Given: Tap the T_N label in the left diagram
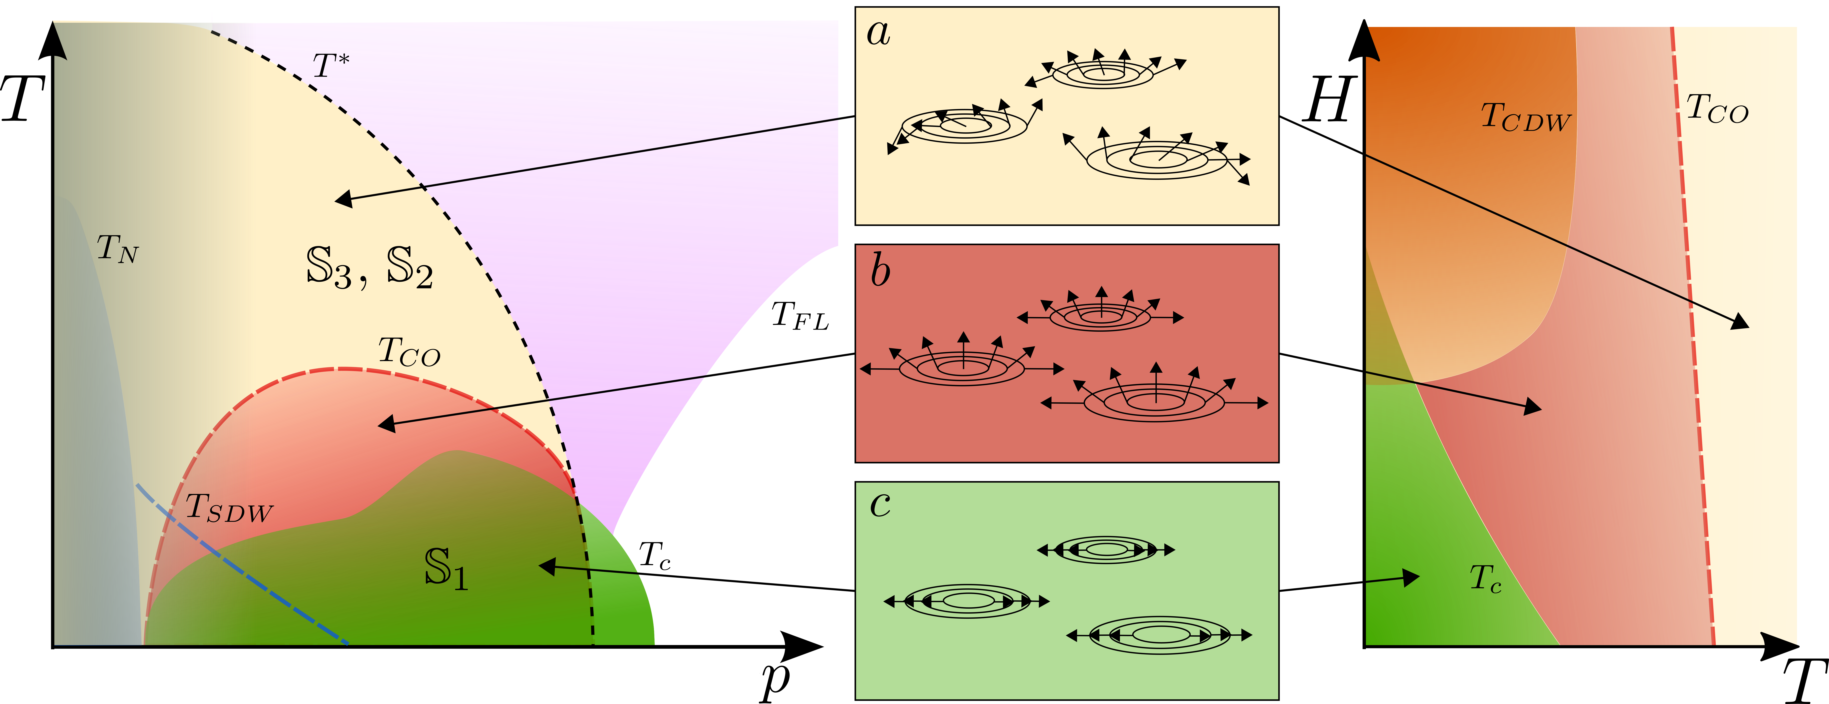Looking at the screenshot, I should tap(117, 248).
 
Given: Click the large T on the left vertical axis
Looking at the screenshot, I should tap(23, 99).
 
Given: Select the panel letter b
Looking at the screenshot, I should tap(880, 271).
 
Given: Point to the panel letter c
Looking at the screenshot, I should tap(880, 504).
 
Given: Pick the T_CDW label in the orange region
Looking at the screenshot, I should tap(1525, 117).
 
